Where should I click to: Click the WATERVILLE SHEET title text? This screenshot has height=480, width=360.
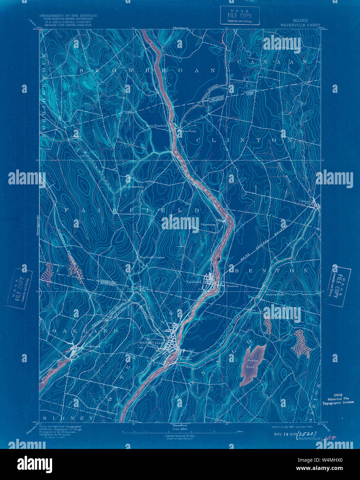click(x=294, y=25)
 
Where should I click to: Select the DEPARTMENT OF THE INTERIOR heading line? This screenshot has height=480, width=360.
click(x=68, y=16)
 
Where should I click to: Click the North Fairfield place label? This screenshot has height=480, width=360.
click(x=133, y=187)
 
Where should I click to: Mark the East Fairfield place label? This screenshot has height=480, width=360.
click(x=156, y=126)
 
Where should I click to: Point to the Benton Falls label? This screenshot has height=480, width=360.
click(x=275, y=294)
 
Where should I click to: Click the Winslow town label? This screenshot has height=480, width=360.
click(x=185, y=359)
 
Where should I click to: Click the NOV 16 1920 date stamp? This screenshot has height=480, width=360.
click(x=284, y=434)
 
